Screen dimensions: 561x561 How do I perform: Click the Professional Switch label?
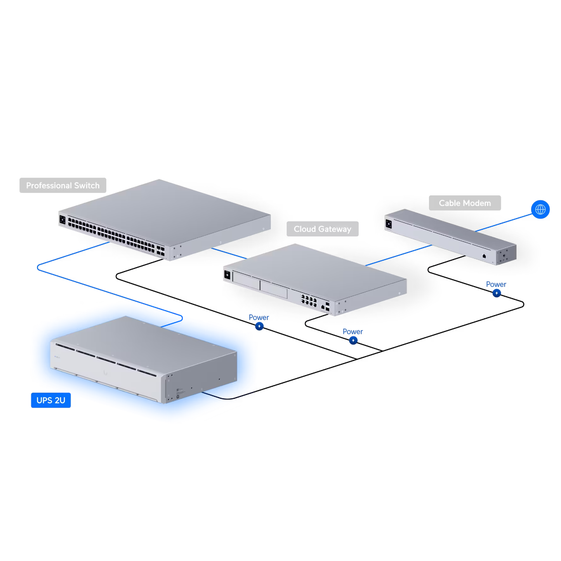click(63, 186)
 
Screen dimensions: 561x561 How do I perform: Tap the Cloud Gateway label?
click(322, 229)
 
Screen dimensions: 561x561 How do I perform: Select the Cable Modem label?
click(465, 203)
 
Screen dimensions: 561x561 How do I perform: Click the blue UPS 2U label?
click(51, 400)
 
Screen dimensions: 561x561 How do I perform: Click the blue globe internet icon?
click(540, 210)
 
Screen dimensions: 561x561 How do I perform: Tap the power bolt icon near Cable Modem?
click(497, 293)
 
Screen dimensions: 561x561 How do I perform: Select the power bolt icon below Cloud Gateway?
click(353, 340)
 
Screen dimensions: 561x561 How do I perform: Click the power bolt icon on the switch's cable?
click(259, 327)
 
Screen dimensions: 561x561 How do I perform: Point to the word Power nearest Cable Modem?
click(496, 284)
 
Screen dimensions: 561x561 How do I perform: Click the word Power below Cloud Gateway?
click(353, 332)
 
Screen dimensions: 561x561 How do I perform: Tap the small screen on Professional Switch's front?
click(63, 220)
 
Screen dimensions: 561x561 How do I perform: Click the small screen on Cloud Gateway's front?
click(228, 275)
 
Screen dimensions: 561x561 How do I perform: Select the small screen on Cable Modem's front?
click(389, 224)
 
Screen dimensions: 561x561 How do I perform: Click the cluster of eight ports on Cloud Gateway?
click(309, 300)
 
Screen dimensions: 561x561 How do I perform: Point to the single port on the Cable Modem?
click(484, 256)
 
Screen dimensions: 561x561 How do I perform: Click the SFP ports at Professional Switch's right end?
click(161, 250)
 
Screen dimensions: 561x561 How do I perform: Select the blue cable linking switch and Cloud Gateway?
click(229, 253)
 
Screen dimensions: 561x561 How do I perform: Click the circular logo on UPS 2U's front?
click(105, 372)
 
